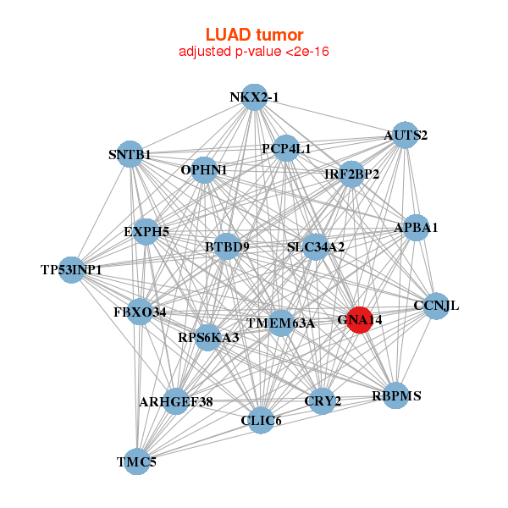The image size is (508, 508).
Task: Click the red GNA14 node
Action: (360, 320)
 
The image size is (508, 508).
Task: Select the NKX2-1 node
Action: (255, 97)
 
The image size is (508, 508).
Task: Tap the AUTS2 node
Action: (405, 135)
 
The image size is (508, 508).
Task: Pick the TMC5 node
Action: (137, 461)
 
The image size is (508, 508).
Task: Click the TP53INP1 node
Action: (72, 269)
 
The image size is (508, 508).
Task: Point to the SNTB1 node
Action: (130, 154)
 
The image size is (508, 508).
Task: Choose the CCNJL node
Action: (436, 306)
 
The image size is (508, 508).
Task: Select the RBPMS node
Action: (396, 395)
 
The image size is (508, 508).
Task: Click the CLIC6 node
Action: (261, 421)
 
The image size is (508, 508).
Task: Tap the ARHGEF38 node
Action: (176, 401)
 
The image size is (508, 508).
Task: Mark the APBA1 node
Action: (416, 228)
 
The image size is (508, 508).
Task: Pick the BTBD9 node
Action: (227, 246)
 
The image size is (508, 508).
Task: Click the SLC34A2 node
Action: (315, 247)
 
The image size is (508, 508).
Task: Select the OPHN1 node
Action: (204, 170)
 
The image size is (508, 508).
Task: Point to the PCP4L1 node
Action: (286, 148)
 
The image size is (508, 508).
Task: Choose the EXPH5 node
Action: (146, 232)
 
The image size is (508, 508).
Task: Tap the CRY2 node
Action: (323, 401)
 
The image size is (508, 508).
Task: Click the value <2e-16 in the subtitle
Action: (307, 52)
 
